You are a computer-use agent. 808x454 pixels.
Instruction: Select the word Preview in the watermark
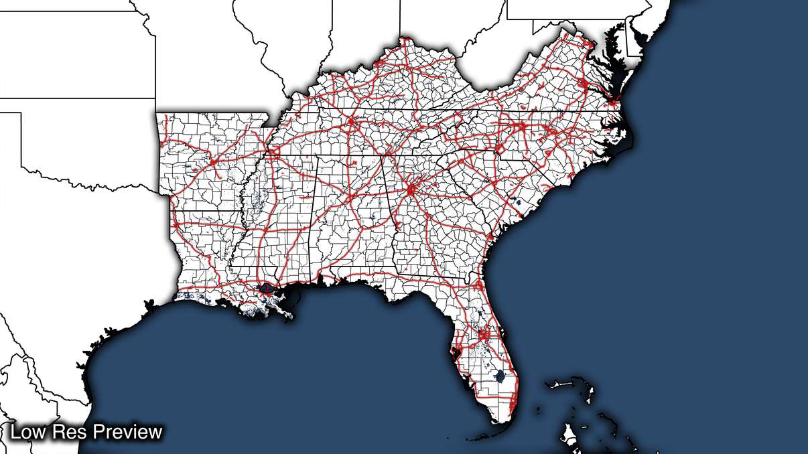coord(127,432)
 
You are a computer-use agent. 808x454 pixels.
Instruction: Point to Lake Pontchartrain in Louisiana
coord(268,289)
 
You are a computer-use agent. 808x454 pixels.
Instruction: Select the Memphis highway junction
coord(271,153)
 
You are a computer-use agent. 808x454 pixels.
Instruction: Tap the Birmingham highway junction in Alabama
coord(350,196)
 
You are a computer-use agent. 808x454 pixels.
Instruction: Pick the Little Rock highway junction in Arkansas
coord(213,162)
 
